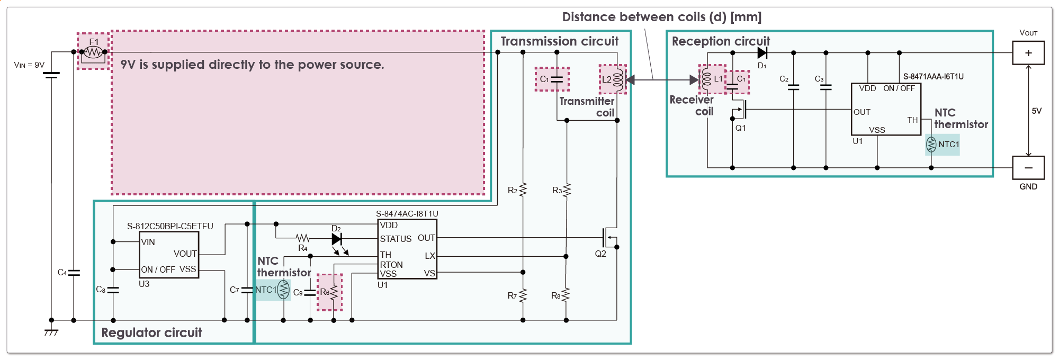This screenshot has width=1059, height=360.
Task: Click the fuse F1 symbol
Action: tap(93, 52)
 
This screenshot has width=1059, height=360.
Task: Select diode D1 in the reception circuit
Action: tap(762, 52)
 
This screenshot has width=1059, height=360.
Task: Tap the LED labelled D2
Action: tap(337, 239)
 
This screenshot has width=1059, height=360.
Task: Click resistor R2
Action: tap(523, 190)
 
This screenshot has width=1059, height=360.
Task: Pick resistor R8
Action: tap(566, 295)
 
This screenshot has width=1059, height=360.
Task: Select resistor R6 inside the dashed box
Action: tap(334, 292)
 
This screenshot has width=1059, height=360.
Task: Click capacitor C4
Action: tap(74, 273)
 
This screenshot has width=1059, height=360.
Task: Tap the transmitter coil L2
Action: tap(618, 79)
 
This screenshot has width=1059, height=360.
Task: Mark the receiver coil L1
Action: tap(707, 79)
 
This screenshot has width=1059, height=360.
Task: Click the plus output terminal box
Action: tap(1028, 53)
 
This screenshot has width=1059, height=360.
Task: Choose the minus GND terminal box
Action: tap(1028, 168)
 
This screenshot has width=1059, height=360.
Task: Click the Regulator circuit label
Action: tap(151, 332)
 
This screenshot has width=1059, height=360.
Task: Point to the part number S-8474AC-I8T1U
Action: tap(407, 214)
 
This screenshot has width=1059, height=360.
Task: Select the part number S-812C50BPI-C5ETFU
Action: tap(170, 226)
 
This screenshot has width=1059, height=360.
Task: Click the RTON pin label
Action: tap(391, 265)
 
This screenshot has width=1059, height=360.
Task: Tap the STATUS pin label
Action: tap(396, 239)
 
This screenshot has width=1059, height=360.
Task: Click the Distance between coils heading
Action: tap(661, 17)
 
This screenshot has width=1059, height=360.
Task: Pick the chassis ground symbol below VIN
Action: tap(51, 332)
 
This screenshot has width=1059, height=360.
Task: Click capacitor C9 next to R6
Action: tap(310, 292)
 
